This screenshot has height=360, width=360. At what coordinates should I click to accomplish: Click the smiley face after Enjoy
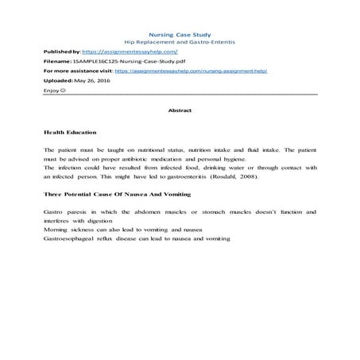tap(64, 91)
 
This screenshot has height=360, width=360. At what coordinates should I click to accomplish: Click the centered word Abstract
tap(180, 112)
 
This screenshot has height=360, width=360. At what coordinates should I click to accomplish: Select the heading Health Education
tap(71, 131)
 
